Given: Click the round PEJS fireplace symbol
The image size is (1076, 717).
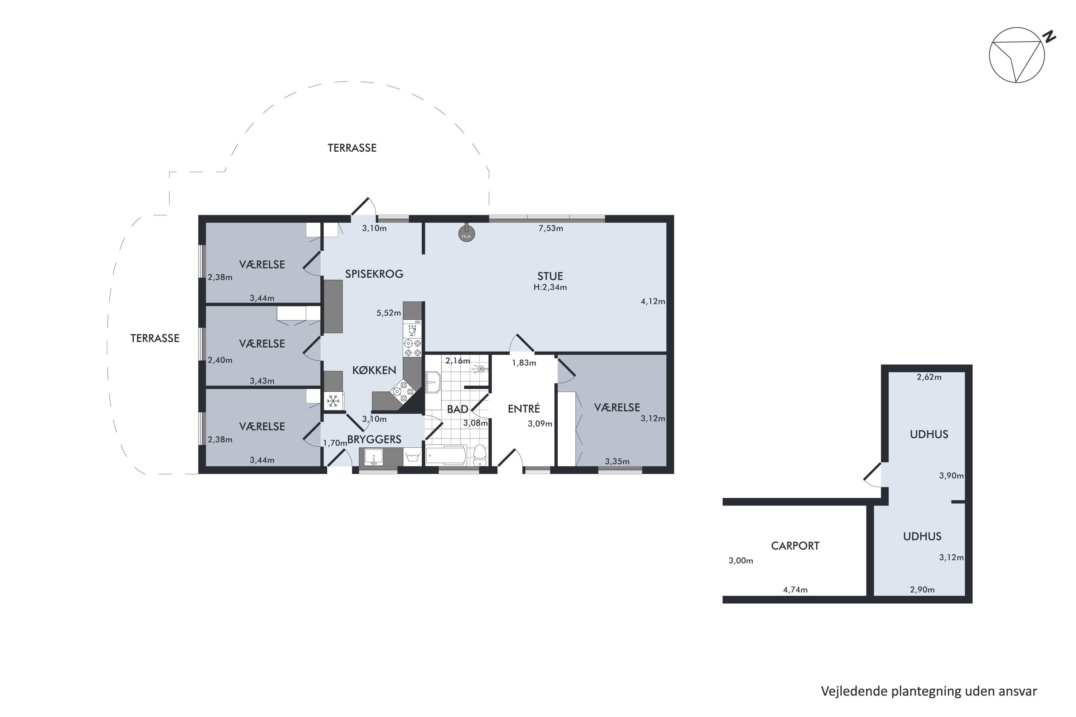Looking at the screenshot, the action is click(467, 234).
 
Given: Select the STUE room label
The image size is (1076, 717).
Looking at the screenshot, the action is click(550, 276).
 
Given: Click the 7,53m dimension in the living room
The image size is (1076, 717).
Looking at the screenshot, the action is click(551, 228).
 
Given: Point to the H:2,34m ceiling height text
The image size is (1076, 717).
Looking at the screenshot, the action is click(550, 288).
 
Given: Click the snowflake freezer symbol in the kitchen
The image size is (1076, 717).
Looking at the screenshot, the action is click(334, 401).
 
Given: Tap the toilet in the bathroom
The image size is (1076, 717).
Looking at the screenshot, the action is click(480, 455).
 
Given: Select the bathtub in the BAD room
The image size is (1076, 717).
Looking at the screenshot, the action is click(447, 455).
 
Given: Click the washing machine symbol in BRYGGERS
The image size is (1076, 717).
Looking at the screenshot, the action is click(413, 456).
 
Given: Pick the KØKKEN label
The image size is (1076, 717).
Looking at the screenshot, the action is click(374, 370).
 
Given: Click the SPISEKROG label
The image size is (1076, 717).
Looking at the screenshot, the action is click(374, 274).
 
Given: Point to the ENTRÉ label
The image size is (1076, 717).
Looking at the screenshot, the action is click(524, 408).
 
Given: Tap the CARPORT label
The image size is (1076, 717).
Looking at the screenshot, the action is click(795, 546).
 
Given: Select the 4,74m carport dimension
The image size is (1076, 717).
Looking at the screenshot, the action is click(795, 590).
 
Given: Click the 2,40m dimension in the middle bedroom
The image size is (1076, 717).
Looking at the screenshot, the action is click(220, 360).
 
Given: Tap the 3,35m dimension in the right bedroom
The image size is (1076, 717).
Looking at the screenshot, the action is click(617, 461).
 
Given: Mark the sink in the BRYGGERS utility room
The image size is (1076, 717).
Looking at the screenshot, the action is click(374, 457).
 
